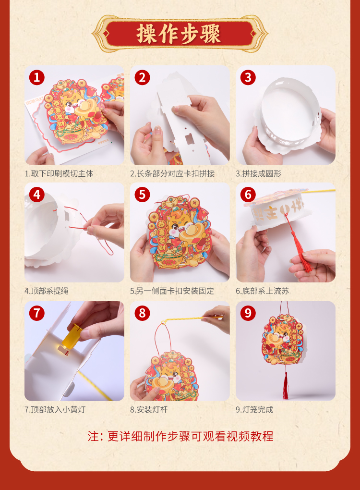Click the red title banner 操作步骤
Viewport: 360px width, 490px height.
(180, 34)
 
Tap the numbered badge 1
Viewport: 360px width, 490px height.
(37, 77)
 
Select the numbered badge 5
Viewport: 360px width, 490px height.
(143, 195)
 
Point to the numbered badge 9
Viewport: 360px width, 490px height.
(248, 313)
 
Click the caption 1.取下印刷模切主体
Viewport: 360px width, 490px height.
(59, 174)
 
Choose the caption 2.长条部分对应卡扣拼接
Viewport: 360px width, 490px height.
(172, 174)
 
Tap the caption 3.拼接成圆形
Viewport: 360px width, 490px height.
(259, 174)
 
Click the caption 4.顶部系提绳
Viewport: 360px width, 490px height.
(47, 291)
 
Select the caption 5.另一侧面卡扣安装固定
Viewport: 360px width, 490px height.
(172, 291)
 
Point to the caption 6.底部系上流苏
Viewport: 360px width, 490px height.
(262, 291)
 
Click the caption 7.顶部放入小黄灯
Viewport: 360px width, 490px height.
(55, 409)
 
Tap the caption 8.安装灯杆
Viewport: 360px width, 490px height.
(149, 409)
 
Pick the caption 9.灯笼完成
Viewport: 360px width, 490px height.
(254, 409)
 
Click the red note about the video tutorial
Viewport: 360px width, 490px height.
(180, 436)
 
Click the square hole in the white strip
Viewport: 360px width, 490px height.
(189, 139)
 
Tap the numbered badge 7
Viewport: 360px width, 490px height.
(37, 313)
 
